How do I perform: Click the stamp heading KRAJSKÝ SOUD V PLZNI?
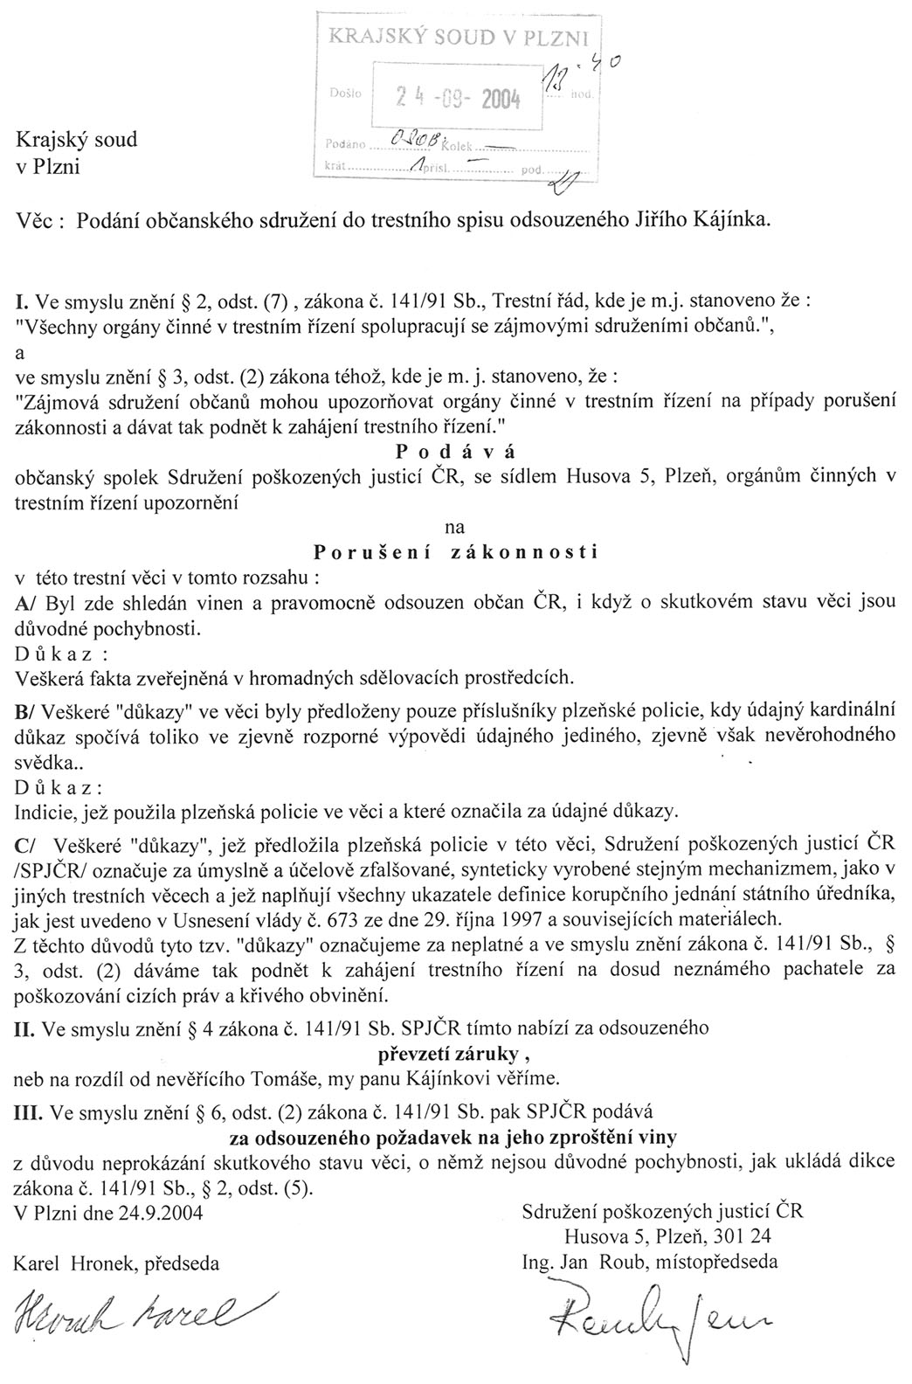tap(459, 36)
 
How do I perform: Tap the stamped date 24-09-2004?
tap(458, 98)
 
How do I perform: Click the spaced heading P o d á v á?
tap(455, 452)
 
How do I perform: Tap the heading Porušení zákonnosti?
tap(455, 552)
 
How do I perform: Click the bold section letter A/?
tap(26, 603)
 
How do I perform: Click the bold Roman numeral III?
tap(30, 1112)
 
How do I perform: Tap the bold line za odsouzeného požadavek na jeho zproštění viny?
tap(455, 1138)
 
